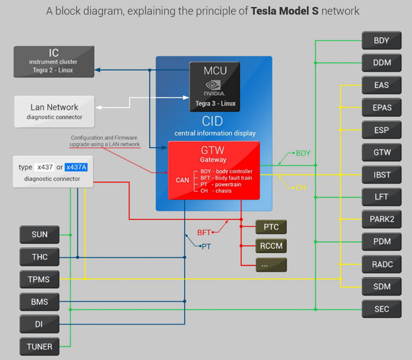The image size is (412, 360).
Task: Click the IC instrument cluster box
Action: click(x=54, y=61)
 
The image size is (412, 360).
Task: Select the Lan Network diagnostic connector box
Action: click(x=54, y=111)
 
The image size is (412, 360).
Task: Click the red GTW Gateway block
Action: click(x=214, y=170)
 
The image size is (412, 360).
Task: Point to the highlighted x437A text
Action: click(x=76, y=167)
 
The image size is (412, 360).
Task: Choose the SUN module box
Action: click(x=39, y=235)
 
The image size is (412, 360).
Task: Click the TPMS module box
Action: click(x=39, y=279)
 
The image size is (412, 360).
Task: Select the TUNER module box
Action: click(x=39, y=346)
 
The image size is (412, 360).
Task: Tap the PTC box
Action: click(x=271, y=226)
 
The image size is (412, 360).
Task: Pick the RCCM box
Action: click(x=271, y=246)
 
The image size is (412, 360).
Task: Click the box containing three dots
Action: click(x=271, y=265)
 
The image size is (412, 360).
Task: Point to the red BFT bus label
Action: click(x=204, y=233)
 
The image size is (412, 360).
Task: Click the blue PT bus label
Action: click(x=206, y=247)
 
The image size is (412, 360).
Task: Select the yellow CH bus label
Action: click(x=301, y=188)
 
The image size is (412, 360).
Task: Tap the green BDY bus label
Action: click(x=303, y=153)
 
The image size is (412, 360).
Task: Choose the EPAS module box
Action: click(x=381, y=108)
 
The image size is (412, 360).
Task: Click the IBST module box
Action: click(x=381, y=175)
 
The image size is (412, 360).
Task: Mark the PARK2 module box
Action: click(x=381, y=219)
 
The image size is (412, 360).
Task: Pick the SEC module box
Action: click(x=381, y=309)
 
